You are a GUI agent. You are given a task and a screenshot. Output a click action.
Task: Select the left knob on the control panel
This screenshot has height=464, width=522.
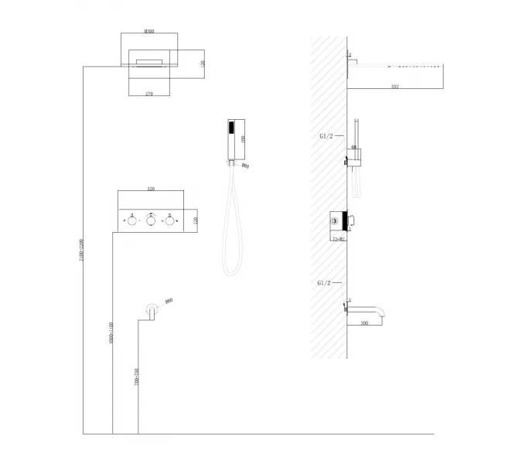point(132,221)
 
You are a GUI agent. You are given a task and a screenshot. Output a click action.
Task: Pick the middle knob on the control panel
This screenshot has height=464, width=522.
point(151,221)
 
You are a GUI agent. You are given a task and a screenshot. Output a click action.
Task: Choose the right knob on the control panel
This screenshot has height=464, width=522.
point(169,221)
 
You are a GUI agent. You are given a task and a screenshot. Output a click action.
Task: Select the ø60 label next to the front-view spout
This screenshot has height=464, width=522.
point(168,301)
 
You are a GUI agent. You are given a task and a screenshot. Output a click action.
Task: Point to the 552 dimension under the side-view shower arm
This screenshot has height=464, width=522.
point(394,87)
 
